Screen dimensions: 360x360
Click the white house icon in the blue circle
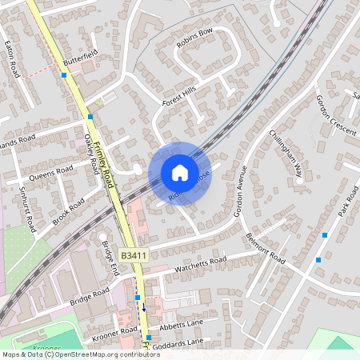(179, 172)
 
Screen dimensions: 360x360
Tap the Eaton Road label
(11, 60)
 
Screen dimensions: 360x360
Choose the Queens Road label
(50, 171)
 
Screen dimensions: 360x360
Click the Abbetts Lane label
(182, 325)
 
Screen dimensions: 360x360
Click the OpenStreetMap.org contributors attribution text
(102, 354)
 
